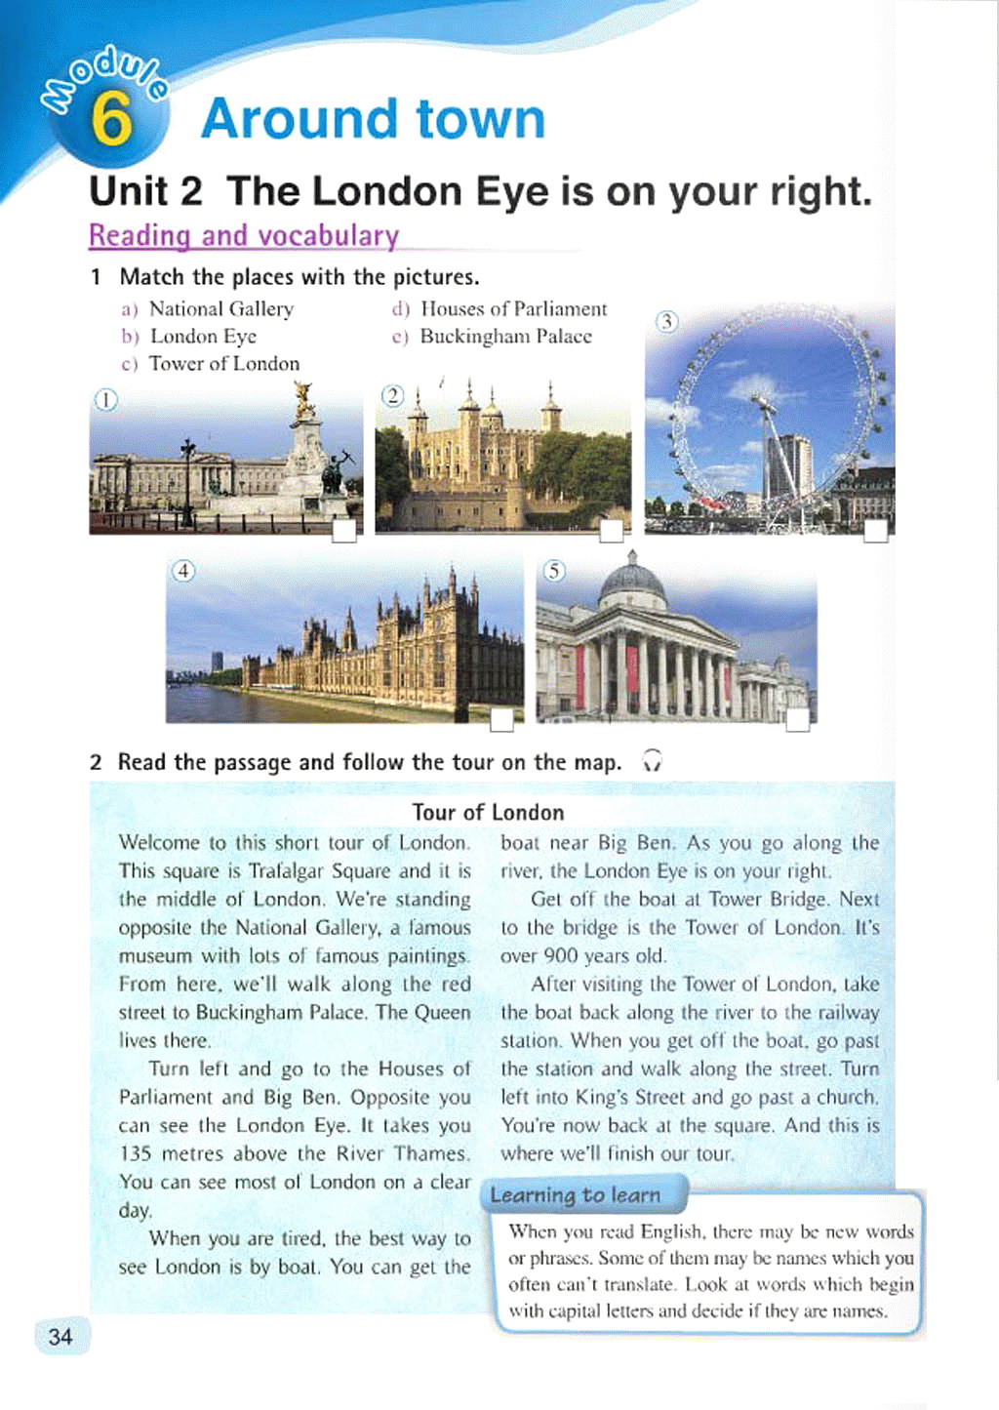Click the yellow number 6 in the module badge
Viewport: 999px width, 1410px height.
click(x=111, y=119)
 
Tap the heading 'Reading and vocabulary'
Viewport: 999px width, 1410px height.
click(x=244, y=236)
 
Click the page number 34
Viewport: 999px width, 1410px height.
click(x=60, y=1336)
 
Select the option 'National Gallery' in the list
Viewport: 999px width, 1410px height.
click(x=220, y=309)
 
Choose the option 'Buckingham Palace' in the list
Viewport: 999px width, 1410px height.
click(x=505, y=337)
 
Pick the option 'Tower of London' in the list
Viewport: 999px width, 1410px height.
click(x=223, y=364)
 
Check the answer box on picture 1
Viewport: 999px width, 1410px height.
click(x=344, y=531)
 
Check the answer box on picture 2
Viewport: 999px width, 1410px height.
click(x=612, y=531)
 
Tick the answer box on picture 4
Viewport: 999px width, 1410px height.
click(x=501, y=720)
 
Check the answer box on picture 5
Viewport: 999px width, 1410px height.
click(x=797, y=720)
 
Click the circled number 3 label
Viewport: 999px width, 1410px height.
click(x=666, y=321)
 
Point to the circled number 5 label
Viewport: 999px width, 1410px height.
click(x=553, y=570)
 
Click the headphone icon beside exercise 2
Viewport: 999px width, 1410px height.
click(x=653, y=761)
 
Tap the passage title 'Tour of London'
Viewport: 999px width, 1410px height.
click(x=488, y=813)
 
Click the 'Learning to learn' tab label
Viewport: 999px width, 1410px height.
click(x=576, y=1195)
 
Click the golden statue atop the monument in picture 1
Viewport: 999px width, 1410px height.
click(x=304, y=398)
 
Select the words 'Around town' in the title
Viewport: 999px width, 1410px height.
click(x=373, y=119)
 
